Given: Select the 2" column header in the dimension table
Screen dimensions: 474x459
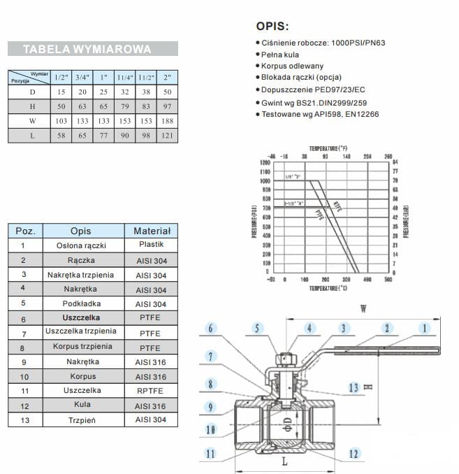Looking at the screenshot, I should pos(166,77).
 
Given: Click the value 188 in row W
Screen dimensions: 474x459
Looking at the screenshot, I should pos(166,121).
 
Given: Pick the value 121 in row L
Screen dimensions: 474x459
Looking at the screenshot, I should pos(166,136).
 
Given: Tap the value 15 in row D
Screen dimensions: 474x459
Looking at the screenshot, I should pos(61,92).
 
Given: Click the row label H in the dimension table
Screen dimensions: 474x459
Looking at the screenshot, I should pos(31,106).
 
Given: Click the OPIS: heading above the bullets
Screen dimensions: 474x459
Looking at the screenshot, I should pos(272,27).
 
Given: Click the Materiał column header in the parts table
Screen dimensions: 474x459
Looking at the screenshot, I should pos(152,231).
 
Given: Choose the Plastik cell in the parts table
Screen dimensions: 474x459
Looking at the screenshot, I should pos(152,245).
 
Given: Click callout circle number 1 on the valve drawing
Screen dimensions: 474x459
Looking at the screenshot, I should pos(423,327).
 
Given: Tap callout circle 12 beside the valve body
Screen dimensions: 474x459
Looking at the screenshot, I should pos(354,454).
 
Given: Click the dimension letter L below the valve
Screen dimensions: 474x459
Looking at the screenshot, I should pos(284,462).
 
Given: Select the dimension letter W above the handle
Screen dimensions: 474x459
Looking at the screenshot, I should pos(363,308).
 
